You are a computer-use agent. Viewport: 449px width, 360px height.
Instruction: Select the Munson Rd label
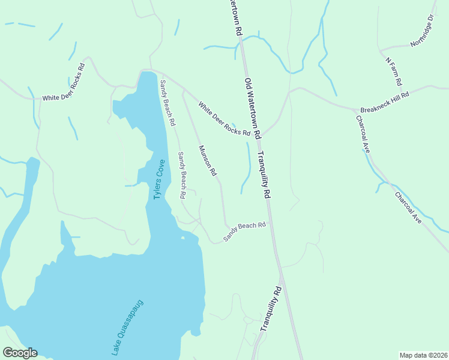[207, 161]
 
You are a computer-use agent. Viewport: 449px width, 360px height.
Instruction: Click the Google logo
[20, 353]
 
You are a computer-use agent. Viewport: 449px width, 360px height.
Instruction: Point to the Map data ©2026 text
[423, 355]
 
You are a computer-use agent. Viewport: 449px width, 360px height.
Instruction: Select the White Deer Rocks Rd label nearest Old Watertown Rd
[224, 120]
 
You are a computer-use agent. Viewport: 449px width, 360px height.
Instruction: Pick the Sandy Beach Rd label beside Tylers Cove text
[181, 175]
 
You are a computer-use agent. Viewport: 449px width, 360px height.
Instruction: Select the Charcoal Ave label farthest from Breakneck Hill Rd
[408, 208]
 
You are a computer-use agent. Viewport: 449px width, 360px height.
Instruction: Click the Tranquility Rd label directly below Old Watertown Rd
[264, 175]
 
